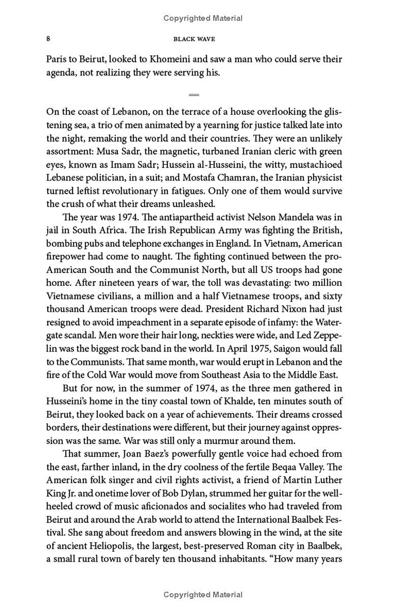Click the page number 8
[48, 39]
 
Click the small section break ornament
[193, 94]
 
